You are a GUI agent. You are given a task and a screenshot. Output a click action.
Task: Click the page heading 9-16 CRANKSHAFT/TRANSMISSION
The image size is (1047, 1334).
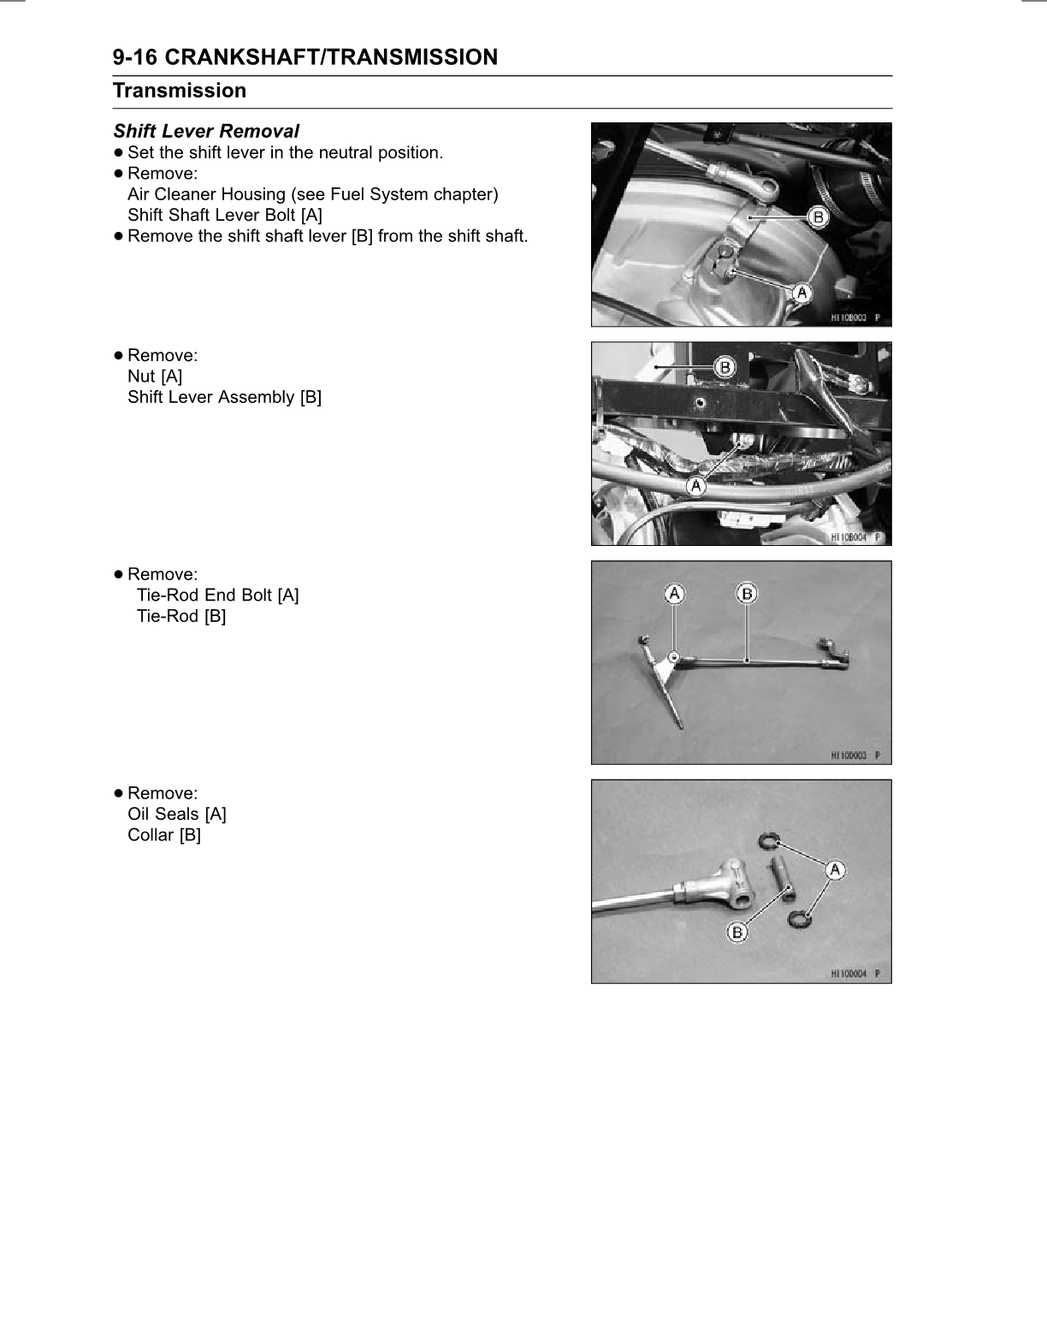pyautogui.click(x=305, y=57)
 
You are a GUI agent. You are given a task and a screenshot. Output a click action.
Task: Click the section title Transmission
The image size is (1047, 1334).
pyautogui.click(x=180, y=91)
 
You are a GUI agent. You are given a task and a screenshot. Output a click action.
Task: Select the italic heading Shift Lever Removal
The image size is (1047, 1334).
pyautogui.click(x=206, y=131)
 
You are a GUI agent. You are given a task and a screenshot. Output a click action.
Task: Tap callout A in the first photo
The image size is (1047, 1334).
pyautogui.click(x=801, y=293)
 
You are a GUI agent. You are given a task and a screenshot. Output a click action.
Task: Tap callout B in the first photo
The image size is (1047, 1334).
pyautogui.click(x=818, y=217)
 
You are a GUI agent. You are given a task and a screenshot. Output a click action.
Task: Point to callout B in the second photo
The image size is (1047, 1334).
pyautogui.click(x=725, y=367)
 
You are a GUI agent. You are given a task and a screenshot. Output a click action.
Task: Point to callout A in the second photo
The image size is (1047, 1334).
pyautogui.click(x=696, y=486)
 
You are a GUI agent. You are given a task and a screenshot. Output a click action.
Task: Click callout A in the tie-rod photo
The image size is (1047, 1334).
pyautogui.click(x=675, y=593)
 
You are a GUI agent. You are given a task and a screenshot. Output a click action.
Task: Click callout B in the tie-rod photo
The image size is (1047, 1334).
pyautogui.click(x=747, y=593)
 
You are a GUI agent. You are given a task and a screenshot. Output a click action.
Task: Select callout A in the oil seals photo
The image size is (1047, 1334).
pyautogui.click(x=835, y=870)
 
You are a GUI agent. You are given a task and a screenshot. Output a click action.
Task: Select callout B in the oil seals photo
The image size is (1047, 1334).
pyautogui.click(x=737, y=932)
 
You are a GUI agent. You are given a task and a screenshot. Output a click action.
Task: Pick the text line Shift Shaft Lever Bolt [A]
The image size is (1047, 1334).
pyautogui.click(x=225, y=215)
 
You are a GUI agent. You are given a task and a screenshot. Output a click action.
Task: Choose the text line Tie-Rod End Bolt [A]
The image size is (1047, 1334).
pyautogui.click(x=217, y=595)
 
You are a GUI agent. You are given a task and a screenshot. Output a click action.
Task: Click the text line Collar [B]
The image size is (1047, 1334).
pyautogui.click(x=164, y=834)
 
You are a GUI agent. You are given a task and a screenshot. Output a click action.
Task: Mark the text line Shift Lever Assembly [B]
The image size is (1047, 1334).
pyautogui.click(x=224, y=397)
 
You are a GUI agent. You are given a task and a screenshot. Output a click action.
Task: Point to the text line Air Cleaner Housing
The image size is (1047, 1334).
pyautogui.click(x=312, y=194)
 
